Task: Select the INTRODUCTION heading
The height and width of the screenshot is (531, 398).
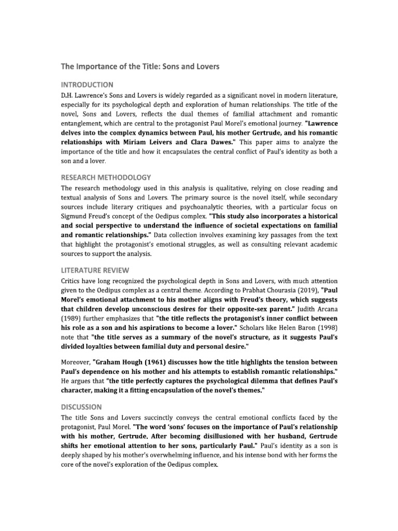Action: click(x=87, y=84)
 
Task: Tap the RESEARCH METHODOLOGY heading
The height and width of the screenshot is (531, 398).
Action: click(x=106, y=177)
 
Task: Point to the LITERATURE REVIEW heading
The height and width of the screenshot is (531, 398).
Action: click(x=95, y=270)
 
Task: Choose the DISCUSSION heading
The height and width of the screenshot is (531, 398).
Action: click(x=81, y=407)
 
